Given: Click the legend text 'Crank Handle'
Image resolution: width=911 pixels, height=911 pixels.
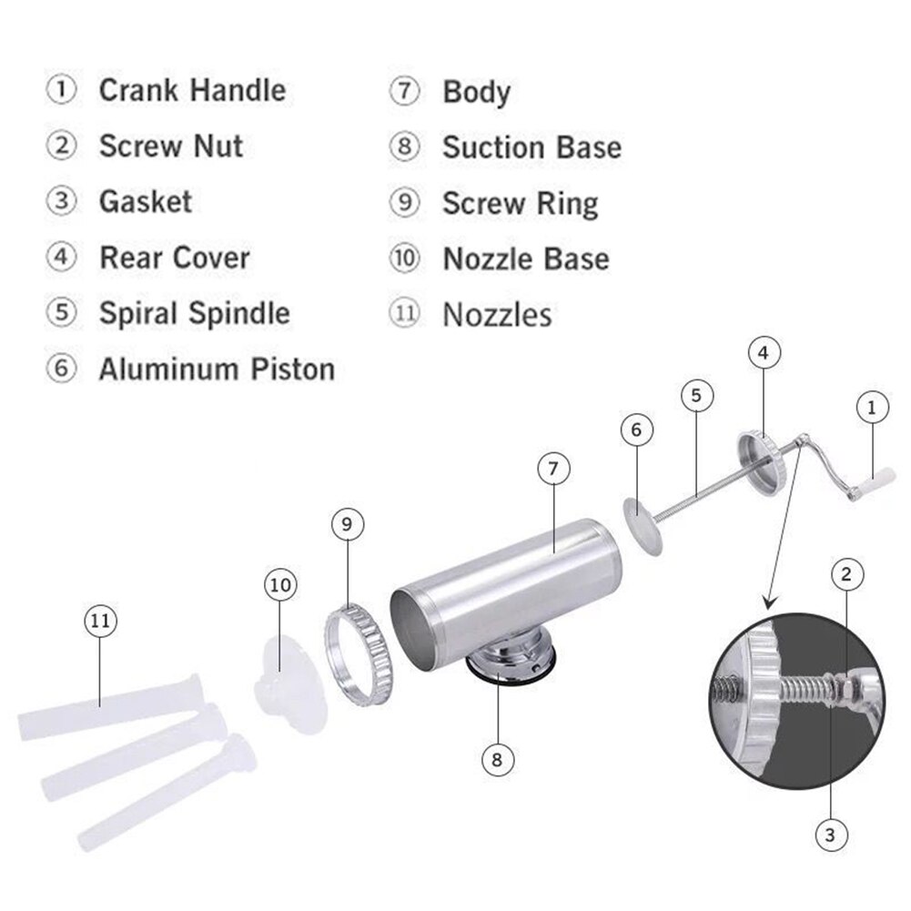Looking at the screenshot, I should [x=191, y=91].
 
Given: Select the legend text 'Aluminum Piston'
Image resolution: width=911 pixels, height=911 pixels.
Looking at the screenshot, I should [x=217, y=369].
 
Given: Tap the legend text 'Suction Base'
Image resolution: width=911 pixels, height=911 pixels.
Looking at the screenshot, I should [x=531, y=147].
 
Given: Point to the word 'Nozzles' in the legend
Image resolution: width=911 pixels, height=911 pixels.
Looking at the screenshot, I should [x=497, y=315].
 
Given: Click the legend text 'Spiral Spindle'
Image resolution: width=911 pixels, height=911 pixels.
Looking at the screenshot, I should [x=194, y=313].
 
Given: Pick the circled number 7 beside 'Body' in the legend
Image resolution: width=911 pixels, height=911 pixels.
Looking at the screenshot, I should [x=404, y=92].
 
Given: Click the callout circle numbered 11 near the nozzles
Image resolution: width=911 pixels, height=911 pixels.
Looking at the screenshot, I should [x=101, y=622].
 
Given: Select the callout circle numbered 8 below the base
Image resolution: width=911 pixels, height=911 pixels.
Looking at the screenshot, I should [x=498, y=758].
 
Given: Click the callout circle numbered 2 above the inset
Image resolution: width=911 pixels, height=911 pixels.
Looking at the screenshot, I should [x=846, y=573].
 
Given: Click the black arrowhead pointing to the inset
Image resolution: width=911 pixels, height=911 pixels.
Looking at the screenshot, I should [x=769, y=601].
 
